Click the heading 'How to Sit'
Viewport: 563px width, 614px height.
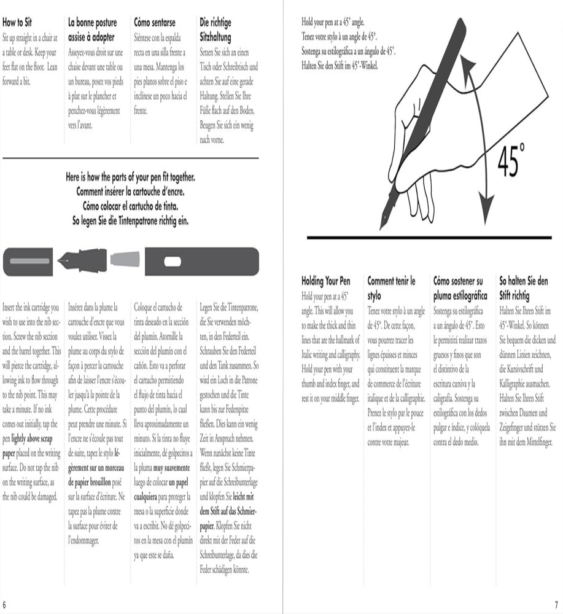click(17, 22)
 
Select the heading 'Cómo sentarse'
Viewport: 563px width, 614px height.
click(154, 22)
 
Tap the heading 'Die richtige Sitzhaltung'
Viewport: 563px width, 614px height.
click(215, 29)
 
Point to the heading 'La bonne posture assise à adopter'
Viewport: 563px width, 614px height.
click(92, 29)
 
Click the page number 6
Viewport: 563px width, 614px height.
click(4, 604)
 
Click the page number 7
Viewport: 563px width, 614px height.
click(556, 604)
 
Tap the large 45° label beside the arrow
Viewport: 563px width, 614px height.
click(511, 160)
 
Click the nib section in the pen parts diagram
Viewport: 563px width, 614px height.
click(82, 260)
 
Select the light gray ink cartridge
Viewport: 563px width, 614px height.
click(125, 259)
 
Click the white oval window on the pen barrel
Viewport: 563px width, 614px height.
click(173, 262)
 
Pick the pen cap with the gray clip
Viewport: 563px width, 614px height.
click(28, 262)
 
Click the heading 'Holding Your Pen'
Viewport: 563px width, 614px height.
click(326, 281)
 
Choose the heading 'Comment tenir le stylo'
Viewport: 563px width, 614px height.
click(391, 288)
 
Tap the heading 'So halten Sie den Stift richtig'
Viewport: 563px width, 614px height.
click(524, 288)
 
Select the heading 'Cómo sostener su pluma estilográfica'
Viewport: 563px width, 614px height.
click(460, 288)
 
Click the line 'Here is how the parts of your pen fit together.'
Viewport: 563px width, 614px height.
click(130, 177)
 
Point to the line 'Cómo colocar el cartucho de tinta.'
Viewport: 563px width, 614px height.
click(130, 206)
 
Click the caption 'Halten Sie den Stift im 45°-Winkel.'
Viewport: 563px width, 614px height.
click(340, 66)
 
